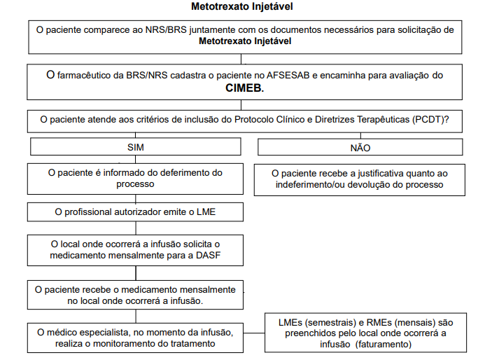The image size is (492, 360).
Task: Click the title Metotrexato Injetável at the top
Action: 241,7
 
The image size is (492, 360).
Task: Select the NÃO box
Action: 360,148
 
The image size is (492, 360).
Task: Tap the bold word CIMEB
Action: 244,90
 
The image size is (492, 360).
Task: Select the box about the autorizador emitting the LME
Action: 136,212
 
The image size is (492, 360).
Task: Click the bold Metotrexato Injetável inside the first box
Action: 244,41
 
